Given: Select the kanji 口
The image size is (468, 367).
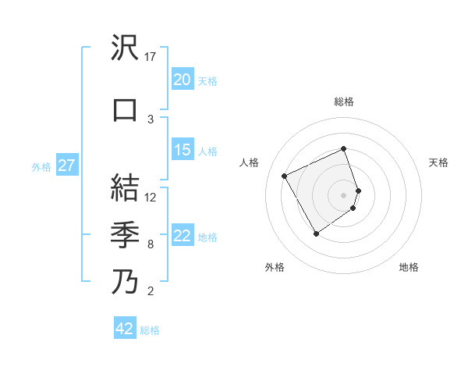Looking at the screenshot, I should tap(126, 109).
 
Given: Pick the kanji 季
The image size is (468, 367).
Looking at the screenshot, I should tap(126, 234).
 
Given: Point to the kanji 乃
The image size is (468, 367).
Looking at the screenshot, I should tap(126, 281).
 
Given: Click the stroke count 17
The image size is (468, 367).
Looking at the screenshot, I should tap(151, 57).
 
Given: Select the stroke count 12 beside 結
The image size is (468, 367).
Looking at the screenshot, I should tap(151, 197).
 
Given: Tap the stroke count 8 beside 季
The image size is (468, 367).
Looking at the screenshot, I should tap(151, 244).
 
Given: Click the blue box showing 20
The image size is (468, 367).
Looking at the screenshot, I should tap(182, 80).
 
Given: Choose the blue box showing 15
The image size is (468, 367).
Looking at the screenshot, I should tap(182, 150).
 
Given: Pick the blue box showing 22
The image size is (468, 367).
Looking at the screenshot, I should tap(182, 236).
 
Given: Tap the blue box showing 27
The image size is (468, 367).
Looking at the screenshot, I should tap(66, 166).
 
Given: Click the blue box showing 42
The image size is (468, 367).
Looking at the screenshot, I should tap(125, 329).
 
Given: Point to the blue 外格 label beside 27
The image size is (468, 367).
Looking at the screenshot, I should tap(41, 166).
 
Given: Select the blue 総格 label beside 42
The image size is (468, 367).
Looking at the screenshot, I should tap(150, 330).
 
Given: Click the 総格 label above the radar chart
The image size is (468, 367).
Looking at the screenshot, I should tap(344, 102).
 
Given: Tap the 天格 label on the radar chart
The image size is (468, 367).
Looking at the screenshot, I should tap(438, 162).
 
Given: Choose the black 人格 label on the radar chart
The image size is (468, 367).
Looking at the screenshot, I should tap(250, 162).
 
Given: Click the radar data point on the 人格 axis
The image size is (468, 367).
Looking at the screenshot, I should tap(285, 176).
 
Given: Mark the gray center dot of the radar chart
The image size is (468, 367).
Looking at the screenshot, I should tap(344, 194).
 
